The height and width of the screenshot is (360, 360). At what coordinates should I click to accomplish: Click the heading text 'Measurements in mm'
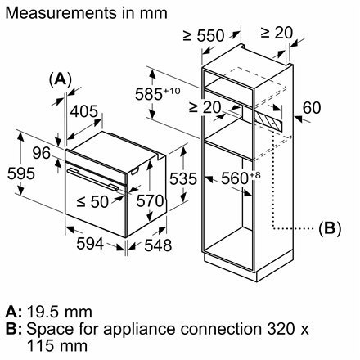click(85, 13)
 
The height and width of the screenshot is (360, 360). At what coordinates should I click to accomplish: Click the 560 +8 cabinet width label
click(233, 178)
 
